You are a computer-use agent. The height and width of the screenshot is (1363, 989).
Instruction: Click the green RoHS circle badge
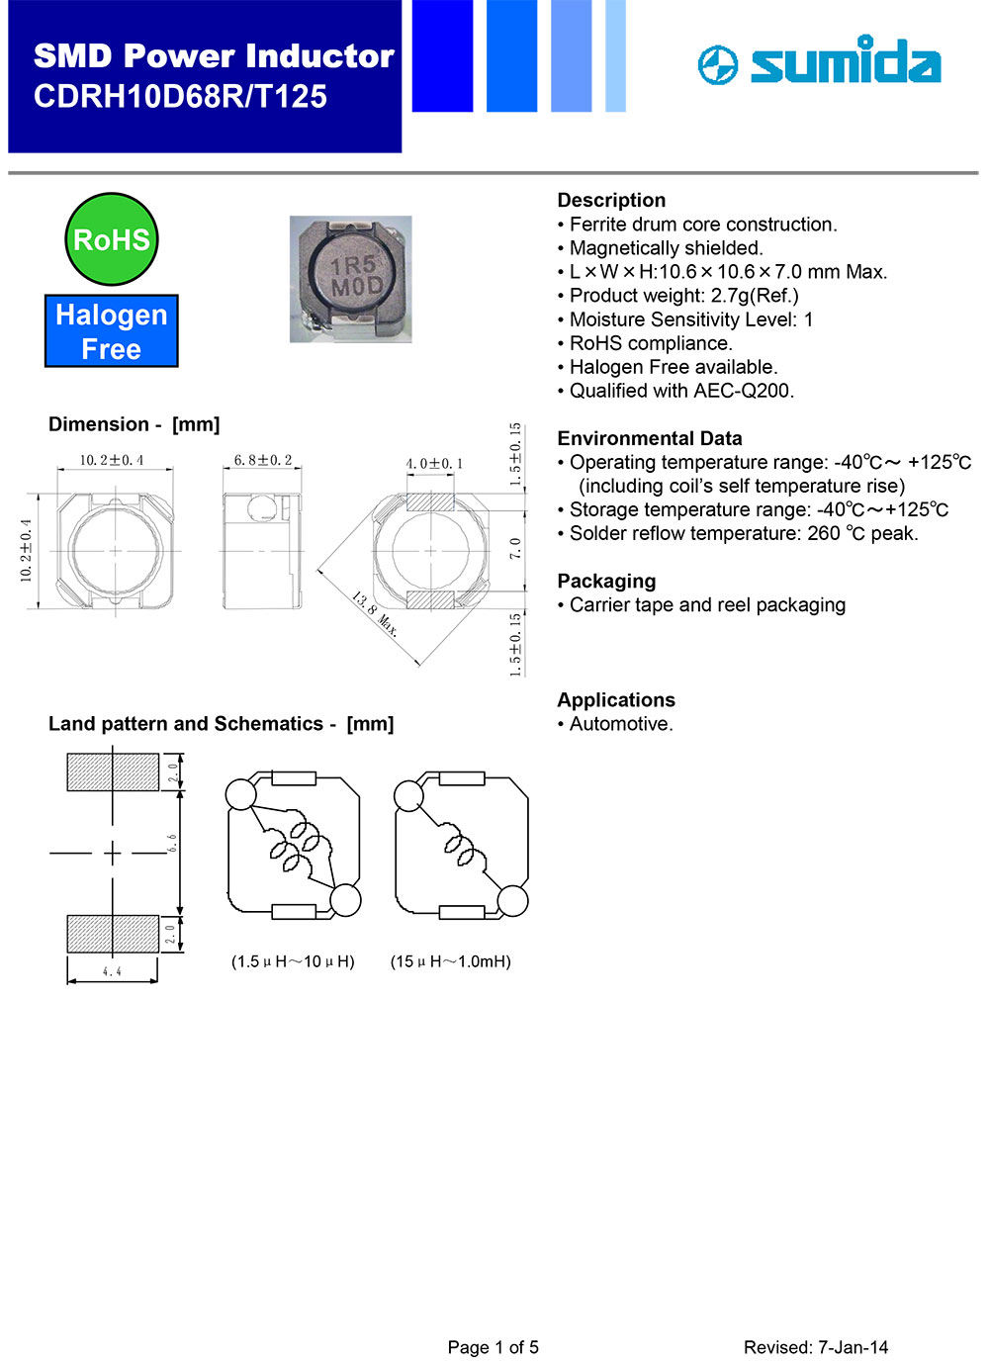[112, 239]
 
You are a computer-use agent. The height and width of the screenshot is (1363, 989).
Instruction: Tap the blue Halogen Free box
[112, 331]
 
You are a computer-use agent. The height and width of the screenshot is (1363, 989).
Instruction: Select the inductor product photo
[351, 280]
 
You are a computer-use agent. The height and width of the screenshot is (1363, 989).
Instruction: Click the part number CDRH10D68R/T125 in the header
[180, 97]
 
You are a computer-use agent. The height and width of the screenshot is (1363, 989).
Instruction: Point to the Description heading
[611, 200]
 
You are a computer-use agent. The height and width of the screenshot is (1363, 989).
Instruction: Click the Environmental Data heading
[649, 438]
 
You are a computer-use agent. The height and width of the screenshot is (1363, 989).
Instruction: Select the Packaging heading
[606, 581]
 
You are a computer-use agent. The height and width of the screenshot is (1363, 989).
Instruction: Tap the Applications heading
[616, 699]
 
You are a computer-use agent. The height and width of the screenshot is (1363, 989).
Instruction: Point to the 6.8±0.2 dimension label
[263, 460]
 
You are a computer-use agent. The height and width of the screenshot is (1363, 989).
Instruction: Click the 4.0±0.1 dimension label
[434, 463]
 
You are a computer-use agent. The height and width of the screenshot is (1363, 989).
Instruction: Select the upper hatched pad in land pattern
[113, 772]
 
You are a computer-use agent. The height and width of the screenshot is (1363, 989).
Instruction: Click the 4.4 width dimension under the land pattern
[112, 972]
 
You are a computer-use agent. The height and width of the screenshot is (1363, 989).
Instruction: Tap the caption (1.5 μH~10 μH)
[293, 961]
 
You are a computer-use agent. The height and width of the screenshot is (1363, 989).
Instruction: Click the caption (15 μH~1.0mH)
[451, 961]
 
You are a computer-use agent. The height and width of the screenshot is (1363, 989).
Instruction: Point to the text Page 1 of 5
[493, 1347]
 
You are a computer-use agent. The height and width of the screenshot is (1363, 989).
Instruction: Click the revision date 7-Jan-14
[853, 1347]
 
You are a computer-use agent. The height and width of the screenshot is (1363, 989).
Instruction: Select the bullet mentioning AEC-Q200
[681, 391]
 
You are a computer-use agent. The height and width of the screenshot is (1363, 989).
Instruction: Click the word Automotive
[621, 724]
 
